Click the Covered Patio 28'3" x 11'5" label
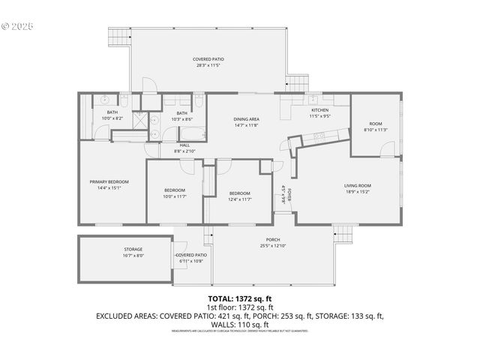(x=208, y=62)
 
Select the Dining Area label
(x=246, y=122)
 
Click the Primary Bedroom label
(x=109, y=184)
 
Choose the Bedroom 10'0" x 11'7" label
(x=175, y=193)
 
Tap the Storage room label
(x=133, y=252)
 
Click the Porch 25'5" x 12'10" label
(x=273, y=243)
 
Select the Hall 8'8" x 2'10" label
(x=184, y=148)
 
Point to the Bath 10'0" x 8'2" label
(x=112, y=115)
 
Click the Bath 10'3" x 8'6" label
(x=182, y=116)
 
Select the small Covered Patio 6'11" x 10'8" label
(x=191, y=258)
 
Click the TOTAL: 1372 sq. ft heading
(x=239, y=298)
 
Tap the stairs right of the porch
(x=343, y=235)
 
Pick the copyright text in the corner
(x=18, y=26)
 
